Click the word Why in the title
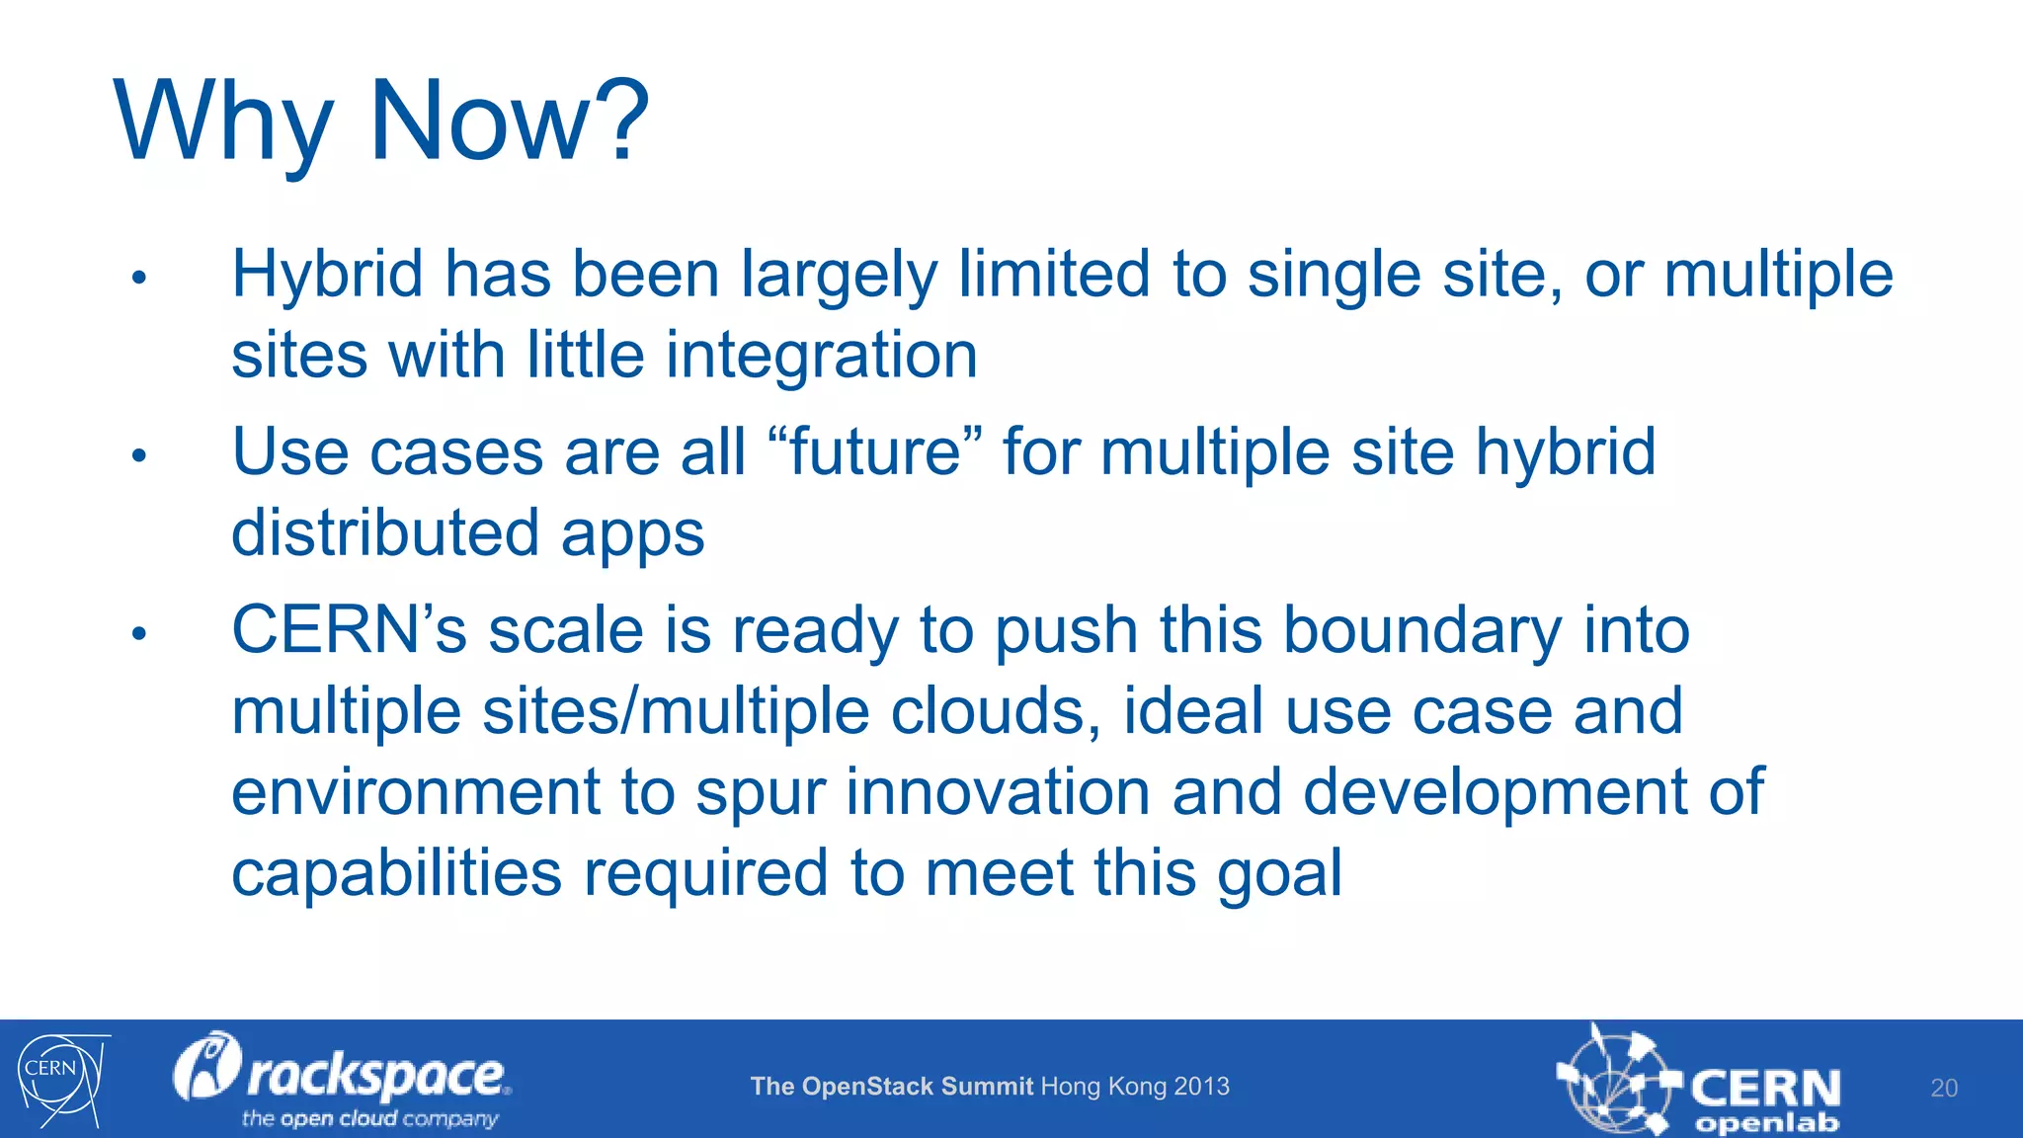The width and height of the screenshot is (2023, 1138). (222, 123)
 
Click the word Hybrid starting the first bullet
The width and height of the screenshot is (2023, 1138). (327, 275)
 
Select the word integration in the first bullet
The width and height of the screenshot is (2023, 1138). (821, 356)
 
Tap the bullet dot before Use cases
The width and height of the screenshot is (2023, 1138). (139, 455)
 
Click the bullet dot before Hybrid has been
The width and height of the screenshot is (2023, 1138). (139, 278)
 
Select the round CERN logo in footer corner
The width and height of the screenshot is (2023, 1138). (59, 1079)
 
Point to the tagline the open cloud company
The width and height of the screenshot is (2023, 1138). (369, 1119)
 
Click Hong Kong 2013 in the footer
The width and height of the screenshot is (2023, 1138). (1135, 1087)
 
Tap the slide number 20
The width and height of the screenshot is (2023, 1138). (1943, 1089)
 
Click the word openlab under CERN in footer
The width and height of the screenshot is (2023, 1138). (1767, 1124)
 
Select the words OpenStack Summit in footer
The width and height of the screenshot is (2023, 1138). (917, 1087)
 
